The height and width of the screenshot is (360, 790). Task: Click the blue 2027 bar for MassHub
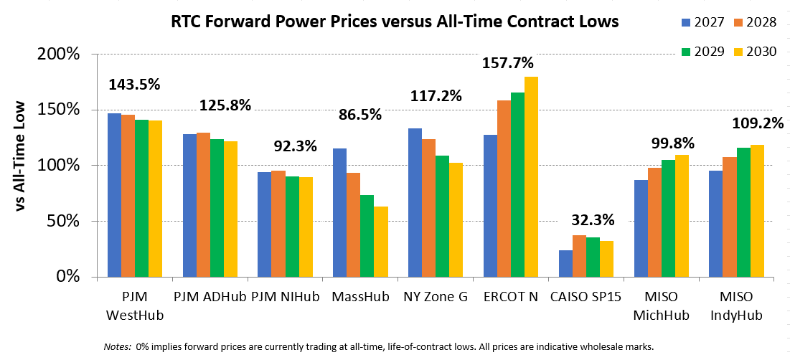339,212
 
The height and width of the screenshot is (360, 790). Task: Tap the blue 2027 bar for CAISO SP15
566,263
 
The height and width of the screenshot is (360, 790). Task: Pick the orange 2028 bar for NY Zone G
429,208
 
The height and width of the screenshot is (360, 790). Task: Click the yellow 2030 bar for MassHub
381,242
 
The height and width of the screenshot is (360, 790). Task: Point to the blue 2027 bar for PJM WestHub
114,195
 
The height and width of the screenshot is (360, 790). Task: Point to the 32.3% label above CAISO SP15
593,220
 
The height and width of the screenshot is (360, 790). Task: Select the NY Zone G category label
436,297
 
